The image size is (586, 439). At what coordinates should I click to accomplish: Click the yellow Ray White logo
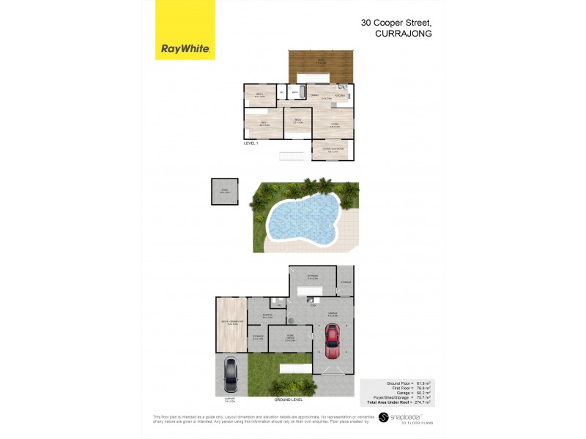coord(185,30)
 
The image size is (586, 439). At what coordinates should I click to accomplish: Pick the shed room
coord(224,192)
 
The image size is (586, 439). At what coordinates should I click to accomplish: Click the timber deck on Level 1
coord(322,66)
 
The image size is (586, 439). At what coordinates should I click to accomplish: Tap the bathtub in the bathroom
coord(296,93)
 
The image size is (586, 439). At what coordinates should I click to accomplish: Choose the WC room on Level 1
coord(282,93)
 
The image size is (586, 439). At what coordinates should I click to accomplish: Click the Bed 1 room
coord(263,124)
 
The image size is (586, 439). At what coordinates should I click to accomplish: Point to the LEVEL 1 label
coord(251,144)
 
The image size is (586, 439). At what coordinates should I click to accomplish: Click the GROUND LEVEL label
coord(288,399)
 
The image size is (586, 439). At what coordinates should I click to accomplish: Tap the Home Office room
coord(290,339)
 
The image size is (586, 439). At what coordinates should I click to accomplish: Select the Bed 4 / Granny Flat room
coord(231,323)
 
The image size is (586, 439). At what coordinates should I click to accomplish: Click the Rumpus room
coord(267,317)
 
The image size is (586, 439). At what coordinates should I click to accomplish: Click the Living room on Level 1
coord(333,125)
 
